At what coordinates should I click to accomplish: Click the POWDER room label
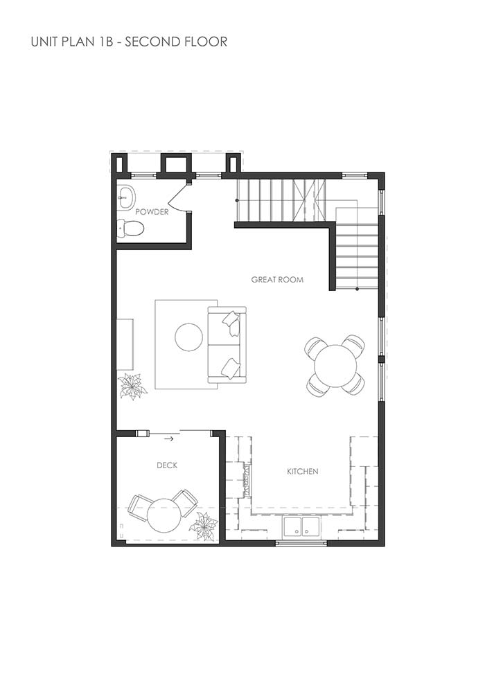coord(152,212)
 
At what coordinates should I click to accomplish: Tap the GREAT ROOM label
coord(277,280)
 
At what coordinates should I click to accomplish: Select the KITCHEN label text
coord(303,472)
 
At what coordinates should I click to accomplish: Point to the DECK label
coord(167,465)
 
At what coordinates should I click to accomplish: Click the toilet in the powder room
coord(130,227)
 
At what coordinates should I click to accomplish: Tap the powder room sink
coord(125,197)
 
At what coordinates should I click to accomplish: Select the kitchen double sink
coord(301,528)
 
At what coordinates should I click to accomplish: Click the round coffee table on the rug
coord(188,337)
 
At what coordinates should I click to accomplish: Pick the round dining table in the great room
coord(335,366)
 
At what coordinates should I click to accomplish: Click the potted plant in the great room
coord(132,386)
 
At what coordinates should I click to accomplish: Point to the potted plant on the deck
coord(204,526)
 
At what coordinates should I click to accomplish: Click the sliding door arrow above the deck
coord(169,438)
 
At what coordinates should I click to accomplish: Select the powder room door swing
coord(179,197)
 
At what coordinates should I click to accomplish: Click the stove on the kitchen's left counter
coord(246,480)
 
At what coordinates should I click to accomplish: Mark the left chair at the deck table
coord(139,506)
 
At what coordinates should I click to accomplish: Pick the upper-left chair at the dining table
coord(316,346)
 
